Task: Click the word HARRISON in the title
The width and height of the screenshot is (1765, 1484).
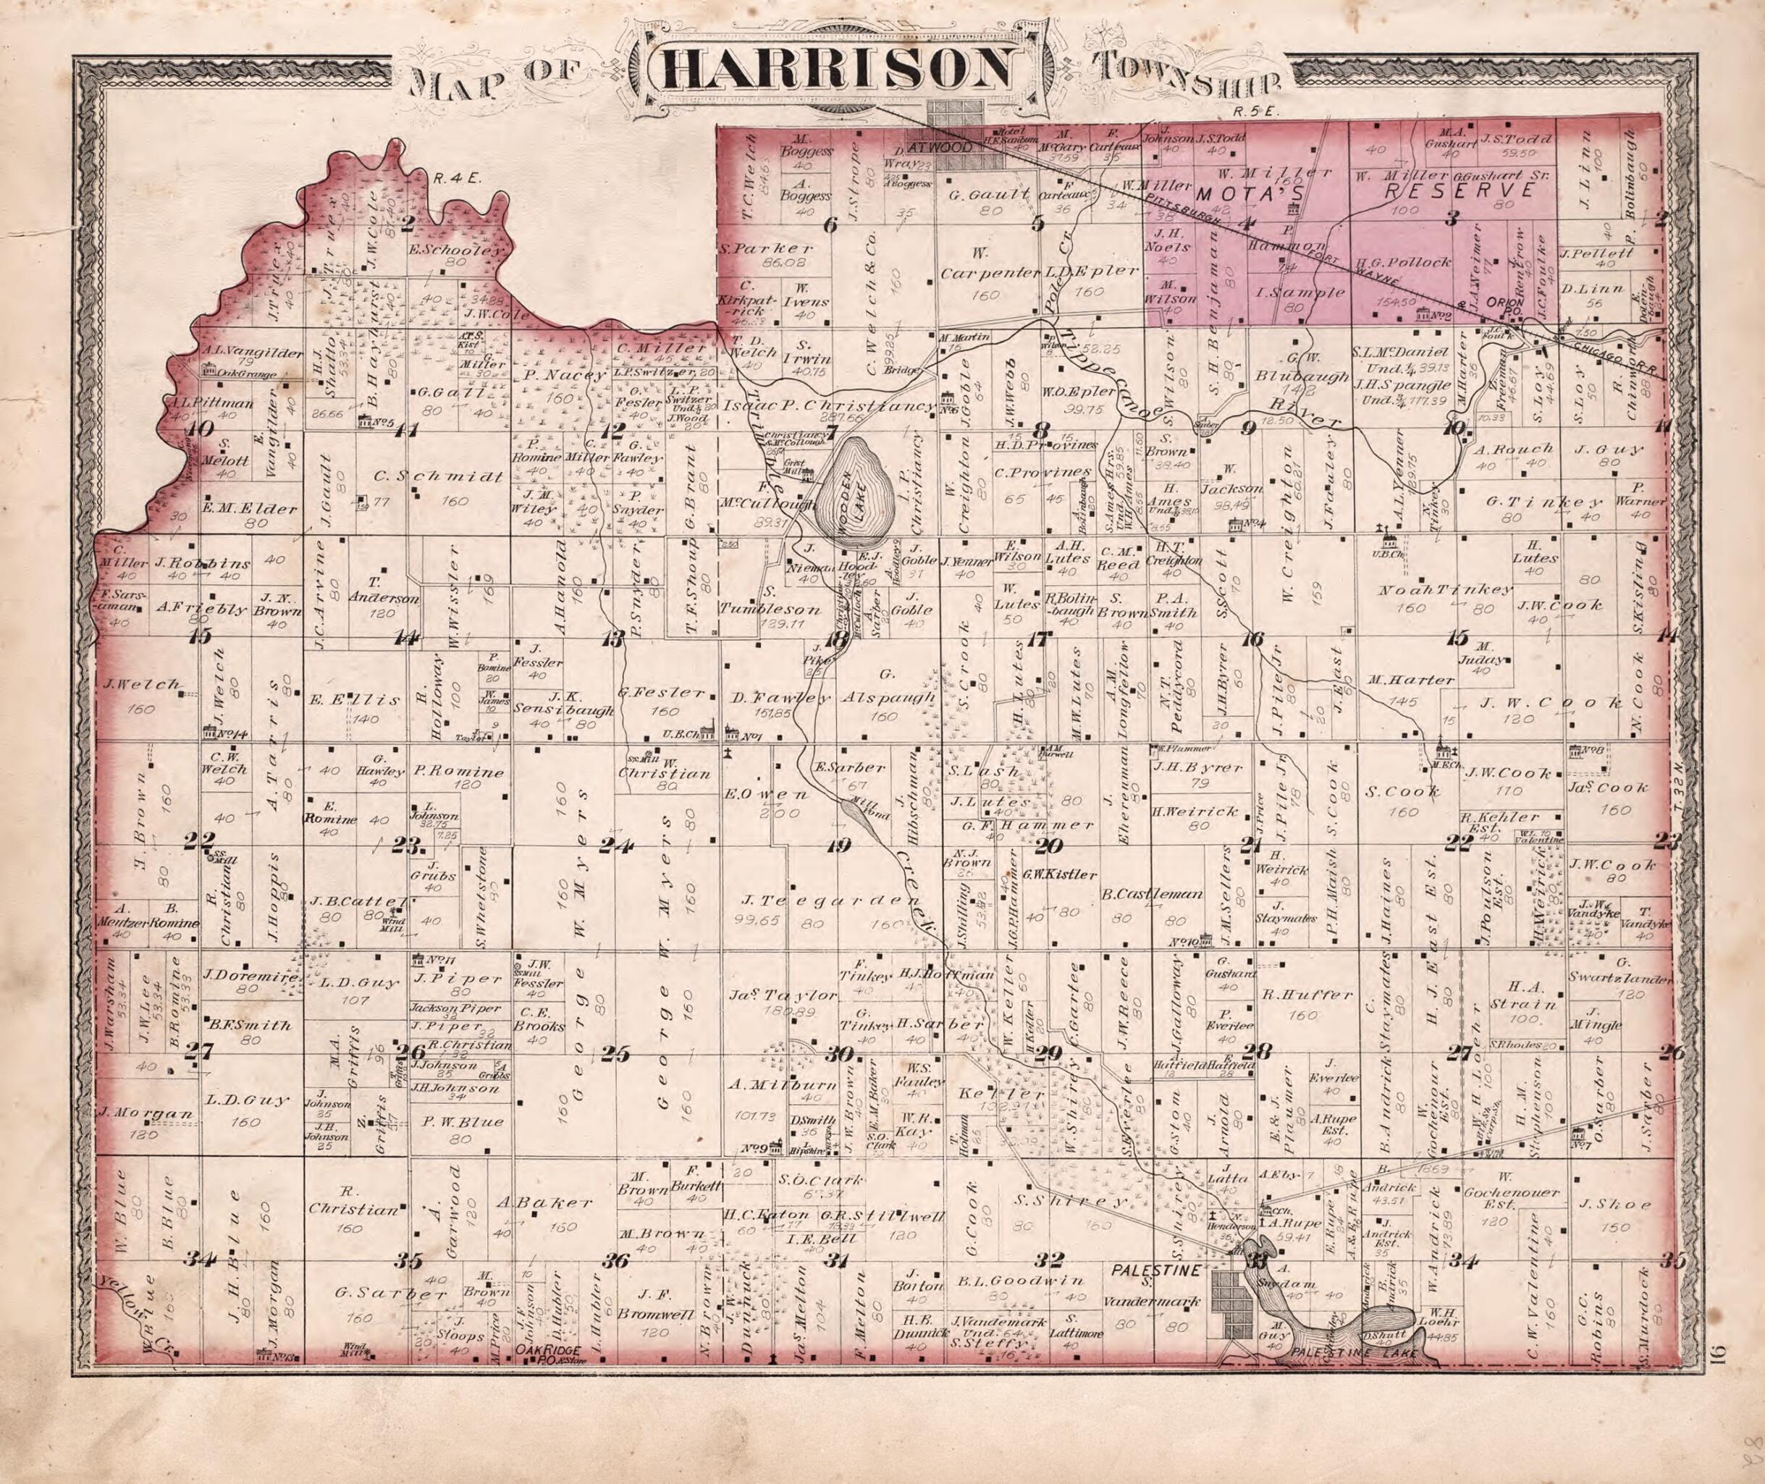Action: tap(841, 72)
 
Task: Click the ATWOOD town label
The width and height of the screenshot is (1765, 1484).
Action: tap(930, 146)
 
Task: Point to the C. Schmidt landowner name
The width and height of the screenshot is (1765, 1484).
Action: tap(437, 476)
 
